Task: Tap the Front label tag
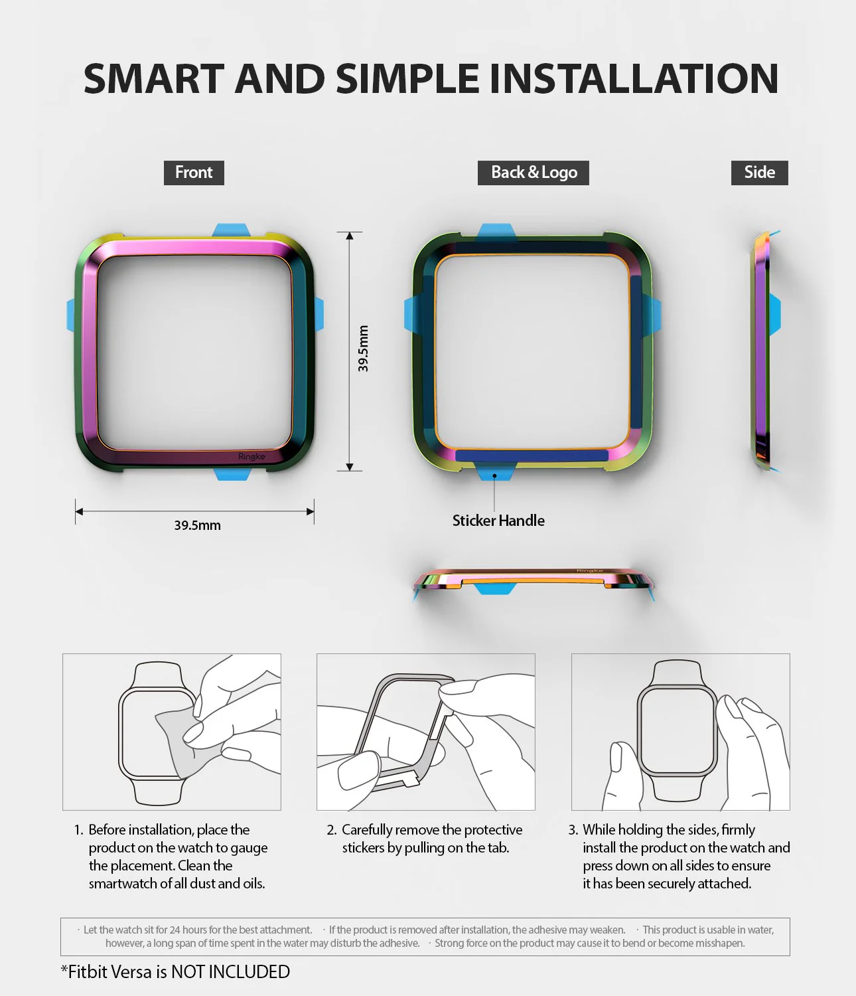click(194, 173)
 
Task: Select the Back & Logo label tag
click(534, 173)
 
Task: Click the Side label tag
click(759, 173)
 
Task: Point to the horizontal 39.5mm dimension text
click(197, 525)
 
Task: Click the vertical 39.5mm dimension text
click(363, 349)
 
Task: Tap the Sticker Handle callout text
click(498, 521)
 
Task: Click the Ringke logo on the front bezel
click(251, 457)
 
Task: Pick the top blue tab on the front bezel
click(231, 230)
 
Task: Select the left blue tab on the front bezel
click(70, 315)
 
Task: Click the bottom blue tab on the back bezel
click(495, 473)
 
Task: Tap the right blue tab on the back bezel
click(654, 315)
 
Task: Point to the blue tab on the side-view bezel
click(775, 314)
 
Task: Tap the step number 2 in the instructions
click(331, 830)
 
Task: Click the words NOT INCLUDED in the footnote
click(230, 972)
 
